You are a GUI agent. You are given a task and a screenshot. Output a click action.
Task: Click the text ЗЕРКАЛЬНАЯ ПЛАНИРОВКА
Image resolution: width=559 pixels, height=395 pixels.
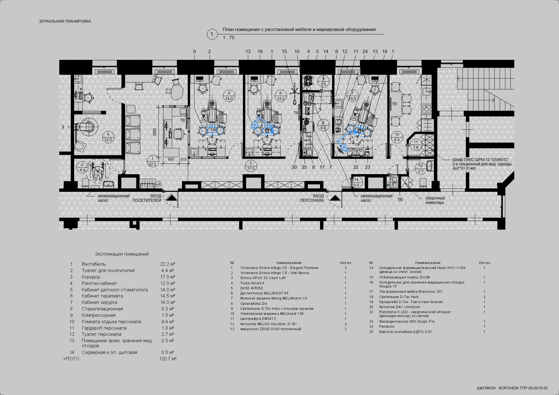65,21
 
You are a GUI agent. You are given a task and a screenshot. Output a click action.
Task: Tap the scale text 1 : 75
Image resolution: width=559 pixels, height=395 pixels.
229,38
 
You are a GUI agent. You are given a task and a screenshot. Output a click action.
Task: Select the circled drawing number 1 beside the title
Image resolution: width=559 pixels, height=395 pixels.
212,34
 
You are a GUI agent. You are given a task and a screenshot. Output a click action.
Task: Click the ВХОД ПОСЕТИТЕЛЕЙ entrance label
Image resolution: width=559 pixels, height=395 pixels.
147,198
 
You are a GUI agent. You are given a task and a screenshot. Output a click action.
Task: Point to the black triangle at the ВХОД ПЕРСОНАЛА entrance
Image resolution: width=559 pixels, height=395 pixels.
335,198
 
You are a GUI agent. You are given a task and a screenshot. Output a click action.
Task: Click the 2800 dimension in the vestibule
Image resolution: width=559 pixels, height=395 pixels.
155,132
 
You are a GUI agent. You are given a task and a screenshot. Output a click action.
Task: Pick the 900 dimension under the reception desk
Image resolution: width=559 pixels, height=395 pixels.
171,160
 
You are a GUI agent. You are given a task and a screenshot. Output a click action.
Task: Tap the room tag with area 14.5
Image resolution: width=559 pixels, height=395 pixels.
281,96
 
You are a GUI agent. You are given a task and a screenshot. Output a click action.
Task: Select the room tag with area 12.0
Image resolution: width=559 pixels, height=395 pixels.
108,137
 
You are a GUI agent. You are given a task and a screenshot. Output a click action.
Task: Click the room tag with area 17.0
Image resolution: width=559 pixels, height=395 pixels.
251,166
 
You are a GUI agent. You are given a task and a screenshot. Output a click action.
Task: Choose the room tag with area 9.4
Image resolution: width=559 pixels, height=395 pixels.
397,137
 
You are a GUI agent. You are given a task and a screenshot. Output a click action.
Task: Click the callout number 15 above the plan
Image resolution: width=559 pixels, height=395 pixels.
284,51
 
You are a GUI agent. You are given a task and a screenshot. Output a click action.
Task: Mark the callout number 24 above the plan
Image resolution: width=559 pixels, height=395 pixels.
365,51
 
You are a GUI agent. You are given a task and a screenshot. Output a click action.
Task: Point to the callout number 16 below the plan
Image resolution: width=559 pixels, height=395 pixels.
400,199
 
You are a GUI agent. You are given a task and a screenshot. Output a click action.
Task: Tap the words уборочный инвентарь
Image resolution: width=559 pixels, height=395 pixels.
435,200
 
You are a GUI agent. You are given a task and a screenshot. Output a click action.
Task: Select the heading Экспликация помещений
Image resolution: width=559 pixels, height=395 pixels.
122,254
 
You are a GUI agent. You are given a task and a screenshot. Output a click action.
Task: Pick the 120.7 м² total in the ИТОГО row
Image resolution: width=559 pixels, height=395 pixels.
168,359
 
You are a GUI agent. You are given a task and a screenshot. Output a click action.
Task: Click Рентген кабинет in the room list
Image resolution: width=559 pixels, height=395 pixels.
99,283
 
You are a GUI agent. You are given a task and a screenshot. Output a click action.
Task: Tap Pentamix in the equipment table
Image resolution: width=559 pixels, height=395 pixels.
387,327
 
